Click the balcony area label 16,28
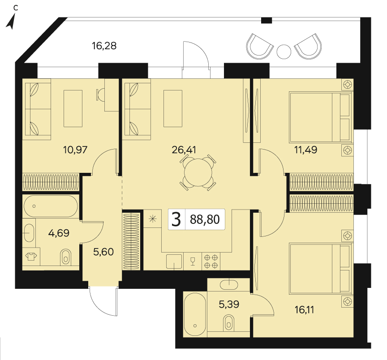click(104, 46)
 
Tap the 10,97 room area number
click(75, 150)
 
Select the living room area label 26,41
click(184, 150)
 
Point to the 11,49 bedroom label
click(306, 150)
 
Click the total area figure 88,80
click(205, 219)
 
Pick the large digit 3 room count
click(176, 219)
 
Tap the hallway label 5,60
click(103, 252)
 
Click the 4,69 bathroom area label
click(59, 233)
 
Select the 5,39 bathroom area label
click(229, 304)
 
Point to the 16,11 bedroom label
click(304, 310)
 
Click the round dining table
click(198, 172)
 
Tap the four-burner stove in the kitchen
click(211, 261)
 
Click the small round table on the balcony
click(284, 52)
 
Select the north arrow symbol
click(11, 21)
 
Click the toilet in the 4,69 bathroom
click(66, 257)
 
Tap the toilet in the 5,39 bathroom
click(228, 322)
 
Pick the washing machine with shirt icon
click(31, 257)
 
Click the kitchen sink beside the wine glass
click(174, 261)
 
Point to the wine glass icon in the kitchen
click(193, 261)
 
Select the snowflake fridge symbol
click(153, 219)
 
